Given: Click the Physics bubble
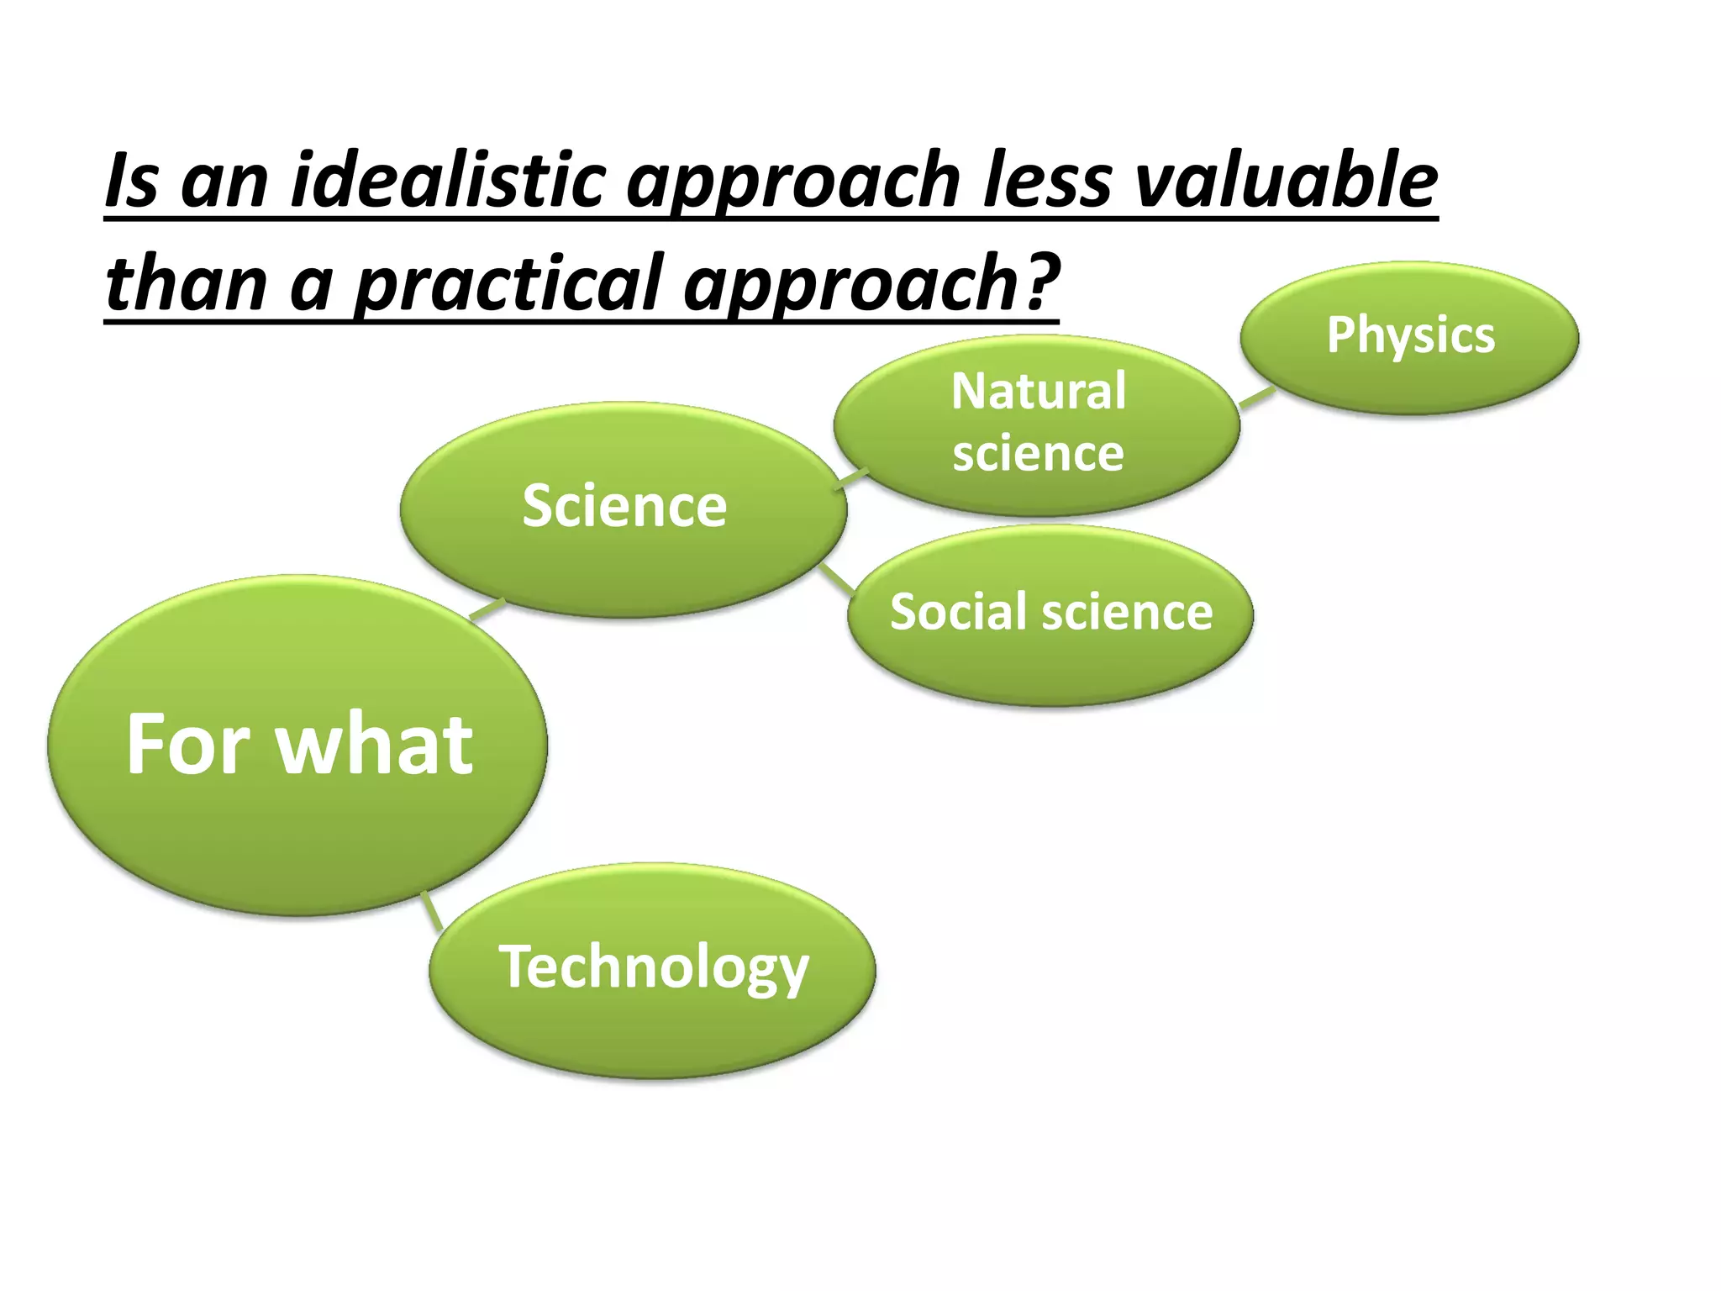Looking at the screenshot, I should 1409,337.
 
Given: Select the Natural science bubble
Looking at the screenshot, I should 1036,424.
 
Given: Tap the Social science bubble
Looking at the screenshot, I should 1050,614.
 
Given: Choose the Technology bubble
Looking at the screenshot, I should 652,969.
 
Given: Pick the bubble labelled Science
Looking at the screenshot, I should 624,508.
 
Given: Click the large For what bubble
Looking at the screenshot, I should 297,745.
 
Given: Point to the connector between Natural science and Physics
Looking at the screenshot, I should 1257,398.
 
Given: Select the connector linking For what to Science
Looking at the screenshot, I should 487,609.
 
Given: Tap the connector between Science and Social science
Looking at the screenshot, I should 836,580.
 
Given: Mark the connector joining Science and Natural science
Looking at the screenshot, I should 853,478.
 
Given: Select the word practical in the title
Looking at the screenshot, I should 508,284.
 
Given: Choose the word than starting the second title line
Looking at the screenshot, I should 186,282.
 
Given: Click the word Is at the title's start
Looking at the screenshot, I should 131,181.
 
